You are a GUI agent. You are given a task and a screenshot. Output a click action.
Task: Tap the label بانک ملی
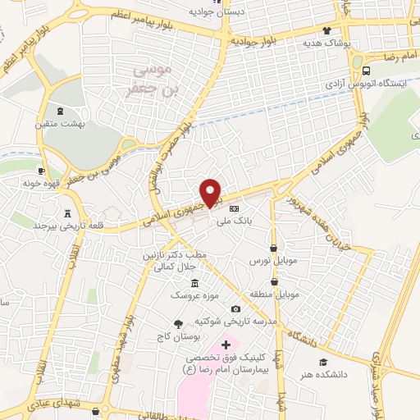(x=226, y=221)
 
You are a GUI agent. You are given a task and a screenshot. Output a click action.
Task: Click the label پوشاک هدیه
(x=326, y=42)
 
